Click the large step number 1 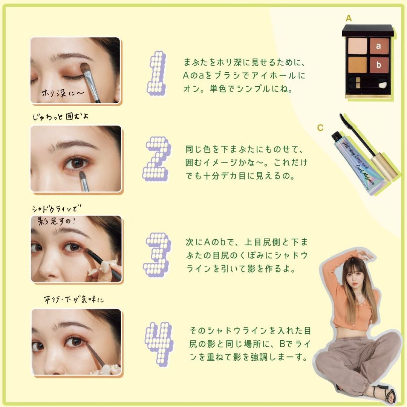point(157,73)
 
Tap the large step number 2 point(157,159)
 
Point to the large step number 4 point(159,344)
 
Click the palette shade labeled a point(379,46)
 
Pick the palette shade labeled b point(379,65)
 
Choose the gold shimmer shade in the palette point(357,65)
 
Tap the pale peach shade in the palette point(357,46)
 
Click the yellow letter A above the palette point(349,18)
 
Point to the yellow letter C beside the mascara point(320,128)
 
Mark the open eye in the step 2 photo point(76,163)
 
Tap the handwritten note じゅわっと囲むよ point(60,116)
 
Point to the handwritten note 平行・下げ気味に point(74,300)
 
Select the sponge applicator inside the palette point(382,85)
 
